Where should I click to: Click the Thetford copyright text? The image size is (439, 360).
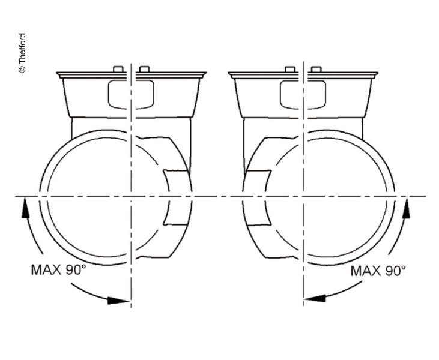point(22,53)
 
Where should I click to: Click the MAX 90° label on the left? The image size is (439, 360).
point(58,269)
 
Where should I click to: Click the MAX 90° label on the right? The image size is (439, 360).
point(378,271)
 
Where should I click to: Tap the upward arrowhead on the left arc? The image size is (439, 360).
point(25,206)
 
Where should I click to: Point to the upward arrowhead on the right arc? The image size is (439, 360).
point(407,205)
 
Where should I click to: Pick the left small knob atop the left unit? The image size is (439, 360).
point(118,70)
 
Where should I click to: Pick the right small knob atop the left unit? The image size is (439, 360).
point(144,70)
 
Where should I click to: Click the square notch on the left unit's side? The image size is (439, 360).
point(176,197)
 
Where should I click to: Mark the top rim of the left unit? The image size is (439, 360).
point(131,75)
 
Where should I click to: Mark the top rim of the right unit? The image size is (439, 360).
point(303,75)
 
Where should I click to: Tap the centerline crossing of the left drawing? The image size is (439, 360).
point(131,196)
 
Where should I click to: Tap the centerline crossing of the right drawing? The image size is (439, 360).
point(303,196)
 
